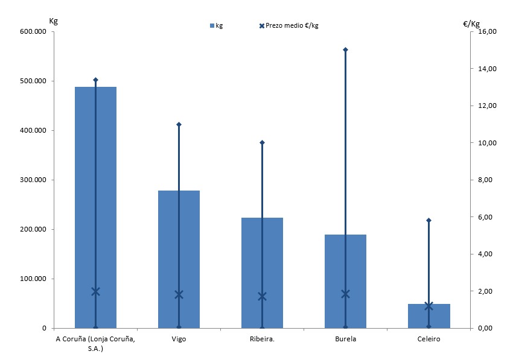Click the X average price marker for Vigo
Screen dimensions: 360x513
pos(179,294)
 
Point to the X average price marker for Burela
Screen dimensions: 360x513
pos(345,294)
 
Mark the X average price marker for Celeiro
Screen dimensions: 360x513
pos(429,306)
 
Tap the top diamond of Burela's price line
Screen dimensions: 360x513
pos(345,49)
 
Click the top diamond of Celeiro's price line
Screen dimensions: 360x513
pos(429,220)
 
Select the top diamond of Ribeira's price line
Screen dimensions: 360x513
pos(262,142)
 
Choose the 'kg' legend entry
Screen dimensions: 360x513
pos(216,25)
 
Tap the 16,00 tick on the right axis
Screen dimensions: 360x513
pos(486,31)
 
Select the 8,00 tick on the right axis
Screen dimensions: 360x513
pos(486,180)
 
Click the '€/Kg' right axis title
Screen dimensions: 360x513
pos(471,24)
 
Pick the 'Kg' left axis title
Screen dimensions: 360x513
pos(53,21)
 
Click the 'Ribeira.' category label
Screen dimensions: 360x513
pos(262,339)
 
